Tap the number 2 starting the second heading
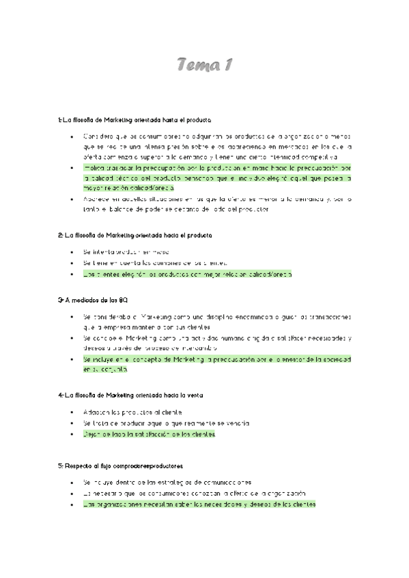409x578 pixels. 59,235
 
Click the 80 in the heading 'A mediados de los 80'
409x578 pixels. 123,300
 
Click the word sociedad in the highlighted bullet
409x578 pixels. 335,359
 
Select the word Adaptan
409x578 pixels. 95,412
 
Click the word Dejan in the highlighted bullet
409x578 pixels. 91,433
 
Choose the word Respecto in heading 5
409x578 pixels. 78,466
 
